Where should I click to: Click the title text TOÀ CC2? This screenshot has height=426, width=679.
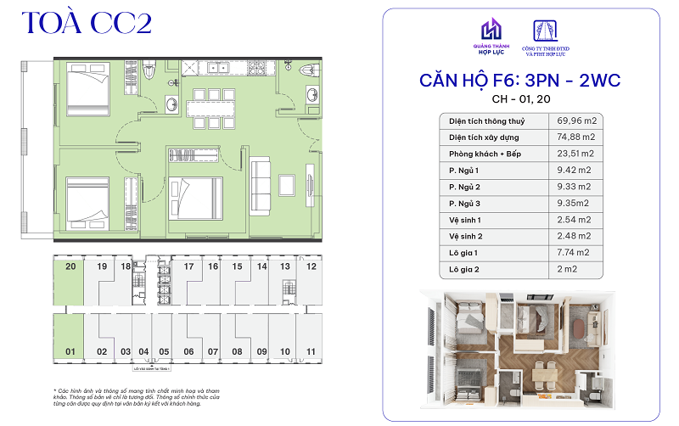pos(87,23)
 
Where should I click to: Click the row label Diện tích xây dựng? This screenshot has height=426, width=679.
pos(485,137)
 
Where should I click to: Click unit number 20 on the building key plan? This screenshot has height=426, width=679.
pos(70,266)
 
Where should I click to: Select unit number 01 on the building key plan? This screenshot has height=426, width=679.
pos(70,350)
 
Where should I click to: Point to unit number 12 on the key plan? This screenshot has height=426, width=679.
pos(311,266)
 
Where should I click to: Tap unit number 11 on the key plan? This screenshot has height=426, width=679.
pos(311,350)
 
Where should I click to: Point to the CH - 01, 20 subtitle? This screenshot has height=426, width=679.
pos(520,101)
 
